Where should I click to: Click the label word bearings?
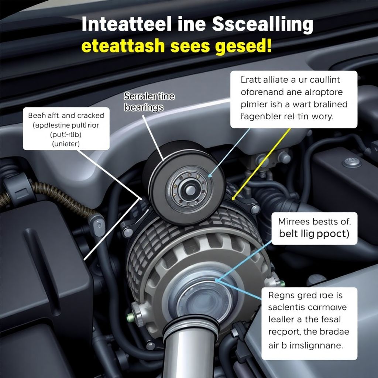(x=144, y=108)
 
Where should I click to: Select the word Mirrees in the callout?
(x=293, y=222)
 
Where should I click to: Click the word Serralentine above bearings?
(x=150, y=97)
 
